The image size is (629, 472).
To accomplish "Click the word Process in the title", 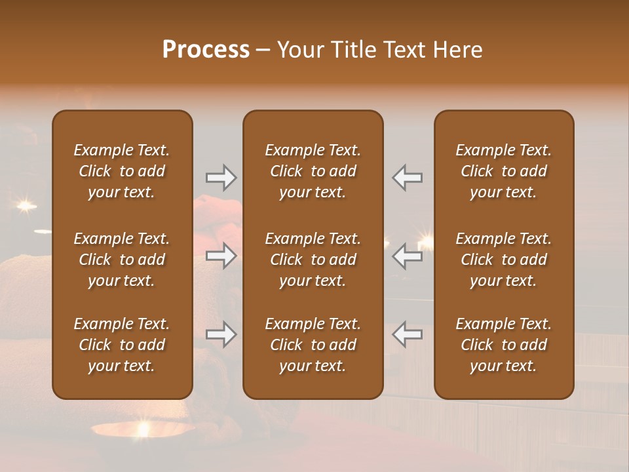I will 206,49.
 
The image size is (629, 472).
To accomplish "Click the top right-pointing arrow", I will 221,177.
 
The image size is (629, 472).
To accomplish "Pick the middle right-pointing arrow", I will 221,256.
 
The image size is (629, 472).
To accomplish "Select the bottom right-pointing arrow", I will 221,335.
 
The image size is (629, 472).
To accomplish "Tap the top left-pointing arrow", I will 407,177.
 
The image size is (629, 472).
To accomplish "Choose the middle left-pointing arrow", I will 407,256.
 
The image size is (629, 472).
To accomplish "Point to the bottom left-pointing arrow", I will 407,335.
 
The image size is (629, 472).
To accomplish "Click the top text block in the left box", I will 122,171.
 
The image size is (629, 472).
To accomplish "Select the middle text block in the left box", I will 122,260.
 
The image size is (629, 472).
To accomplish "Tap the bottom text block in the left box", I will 122,345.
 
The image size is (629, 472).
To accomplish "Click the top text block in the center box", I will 313,171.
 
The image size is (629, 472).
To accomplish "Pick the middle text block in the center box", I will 313,260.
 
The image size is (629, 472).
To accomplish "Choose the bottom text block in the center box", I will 313,345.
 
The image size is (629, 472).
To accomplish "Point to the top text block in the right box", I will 504,171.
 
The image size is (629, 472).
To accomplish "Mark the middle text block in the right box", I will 504,260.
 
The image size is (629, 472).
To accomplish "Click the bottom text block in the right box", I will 504,345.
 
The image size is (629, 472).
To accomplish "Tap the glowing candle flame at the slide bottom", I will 143,429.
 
